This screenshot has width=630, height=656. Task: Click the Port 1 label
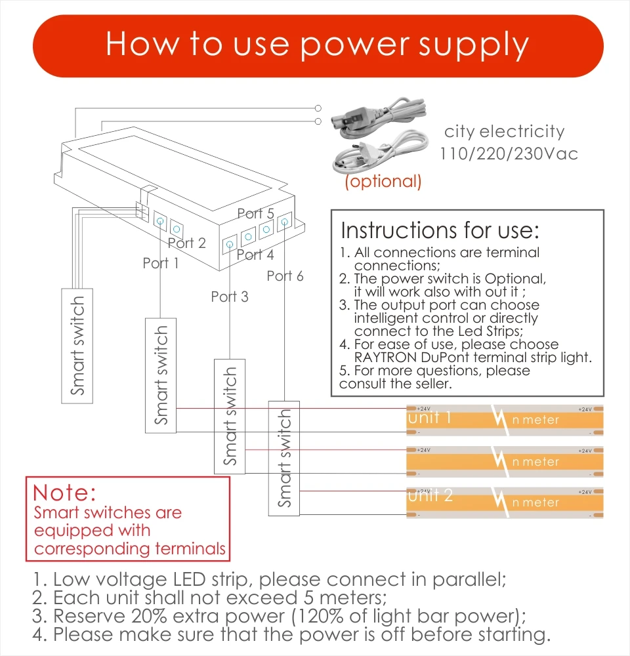pyautogui.click(x=161, y=263)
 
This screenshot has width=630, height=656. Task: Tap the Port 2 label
pyautogui.click(x=187, y=243)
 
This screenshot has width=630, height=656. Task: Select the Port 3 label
pyautogui.click(x=230, y=297)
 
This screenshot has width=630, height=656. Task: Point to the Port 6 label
pyautogui.click(x=285, y=276)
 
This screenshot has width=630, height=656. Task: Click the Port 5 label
pyautogui.click(x=255, y=213)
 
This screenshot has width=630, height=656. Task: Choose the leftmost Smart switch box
pyautogui.click(x=78, y=345)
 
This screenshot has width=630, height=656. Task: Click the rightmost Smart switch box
pyautogui.click(x=284, y=457)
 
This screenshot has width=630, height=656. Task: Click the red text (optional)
pyautogui.click(x=383, y=181)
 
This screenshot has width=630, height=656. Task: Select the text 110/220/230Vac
pyautogui.click(x=509, y=154)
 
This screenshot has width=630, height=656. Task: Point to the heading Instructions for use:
pyautogui.click(x=440, y=230)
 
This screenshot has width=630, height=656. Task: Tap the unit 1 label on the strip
pyautogui.click(x=429, y=417)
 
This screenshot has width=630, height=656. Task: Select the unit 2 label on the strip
pyautogui.click(x=429, y=495)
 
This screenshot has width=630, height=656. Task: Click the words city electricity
pyautogui.click(x=504, y=131)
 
